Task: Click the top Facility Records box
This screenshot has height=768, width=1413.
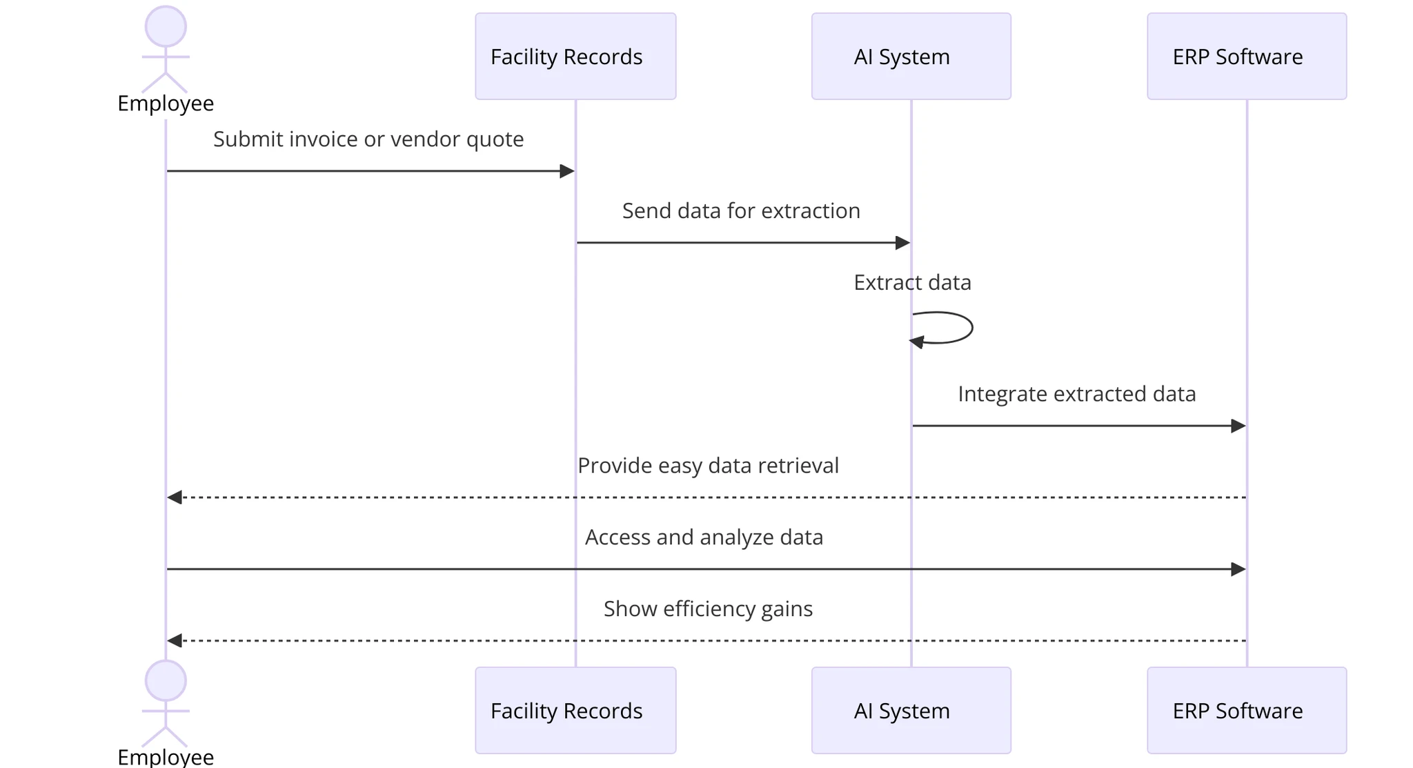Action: coord(575,57)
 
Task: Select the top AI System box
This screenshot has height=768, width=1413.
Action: coord(911,57)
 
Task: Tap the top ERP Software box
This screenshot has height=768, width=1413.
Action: coord(1246,57)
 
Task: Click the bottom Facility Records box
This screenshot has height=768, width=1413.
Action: coord(575,710)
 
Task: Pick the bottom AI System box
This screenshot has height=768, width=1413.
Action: coord(911,710)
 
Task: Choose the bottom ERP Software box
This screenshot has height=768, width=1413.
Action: coord(1246,710)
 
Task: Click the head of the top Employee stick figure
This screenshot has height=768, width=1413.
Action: coord(166,27)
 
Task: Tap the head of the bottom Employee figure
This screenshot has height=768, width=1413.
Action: coord(166,680)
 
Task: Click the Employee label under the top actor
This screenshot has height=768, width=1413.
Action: coord(166,104)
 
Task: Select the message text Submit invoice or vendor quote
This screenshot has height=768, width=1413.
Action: coord(368,139)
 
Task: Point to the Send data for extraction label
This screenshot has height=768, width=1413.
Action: coord(741,210)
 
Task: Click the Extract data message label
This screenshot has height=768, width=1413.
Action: coord(912,282)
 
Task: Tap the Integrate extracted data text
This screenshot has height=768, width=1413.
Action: coord(1076,394)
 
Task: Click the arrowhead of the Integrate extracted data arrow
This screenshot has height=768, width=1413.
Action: coord(1238,426)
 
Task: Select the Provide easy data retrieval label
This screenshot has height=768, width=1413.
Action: coord(708,466)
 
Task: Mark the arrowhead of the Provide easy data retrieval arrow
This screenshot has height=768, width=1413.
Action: coord(175,498)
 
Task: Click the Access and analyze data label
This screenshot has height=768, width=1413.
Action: coord(704,538)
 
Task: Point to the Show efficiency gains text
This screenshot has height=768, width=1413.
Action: coord(708,609)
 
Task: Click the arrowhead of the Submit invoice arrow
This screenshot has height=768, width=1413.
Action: coord(566,171)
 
